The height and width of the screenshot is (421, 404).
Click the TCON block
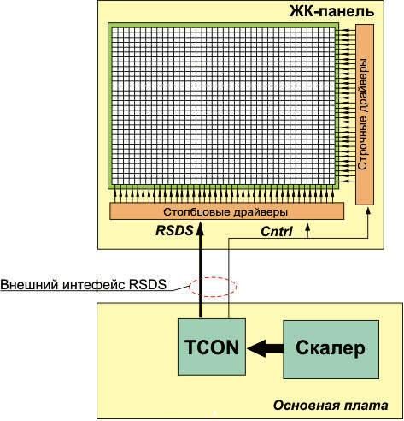point(210,347)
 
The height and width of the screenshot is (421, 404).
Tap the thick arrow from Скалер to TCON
point(263,347)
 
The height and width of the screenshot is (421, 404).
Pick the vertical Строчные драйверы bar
point(365,114)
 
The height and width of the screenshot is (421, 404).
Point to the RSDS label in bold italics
point(175,231)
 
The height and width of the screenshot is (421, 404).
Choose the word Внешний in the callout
point(28,285)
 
